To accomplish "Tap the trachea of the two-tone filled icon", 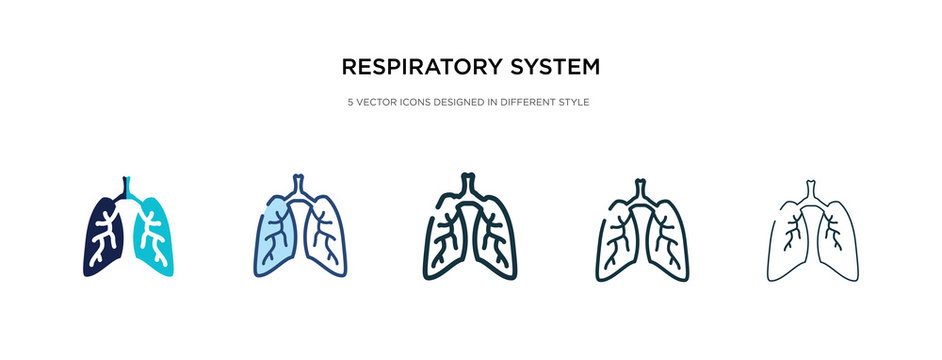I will click(x=127, y=188).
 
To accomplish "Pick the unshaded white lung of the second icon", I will click(x=324, y=240).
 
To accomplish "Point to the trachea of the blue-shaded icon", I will click(x=299, y=186).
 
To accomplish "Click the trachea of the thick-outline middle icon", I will click(x=471, y=186).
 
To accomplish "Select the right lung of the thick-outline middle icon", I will click(x=496, y=240).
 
